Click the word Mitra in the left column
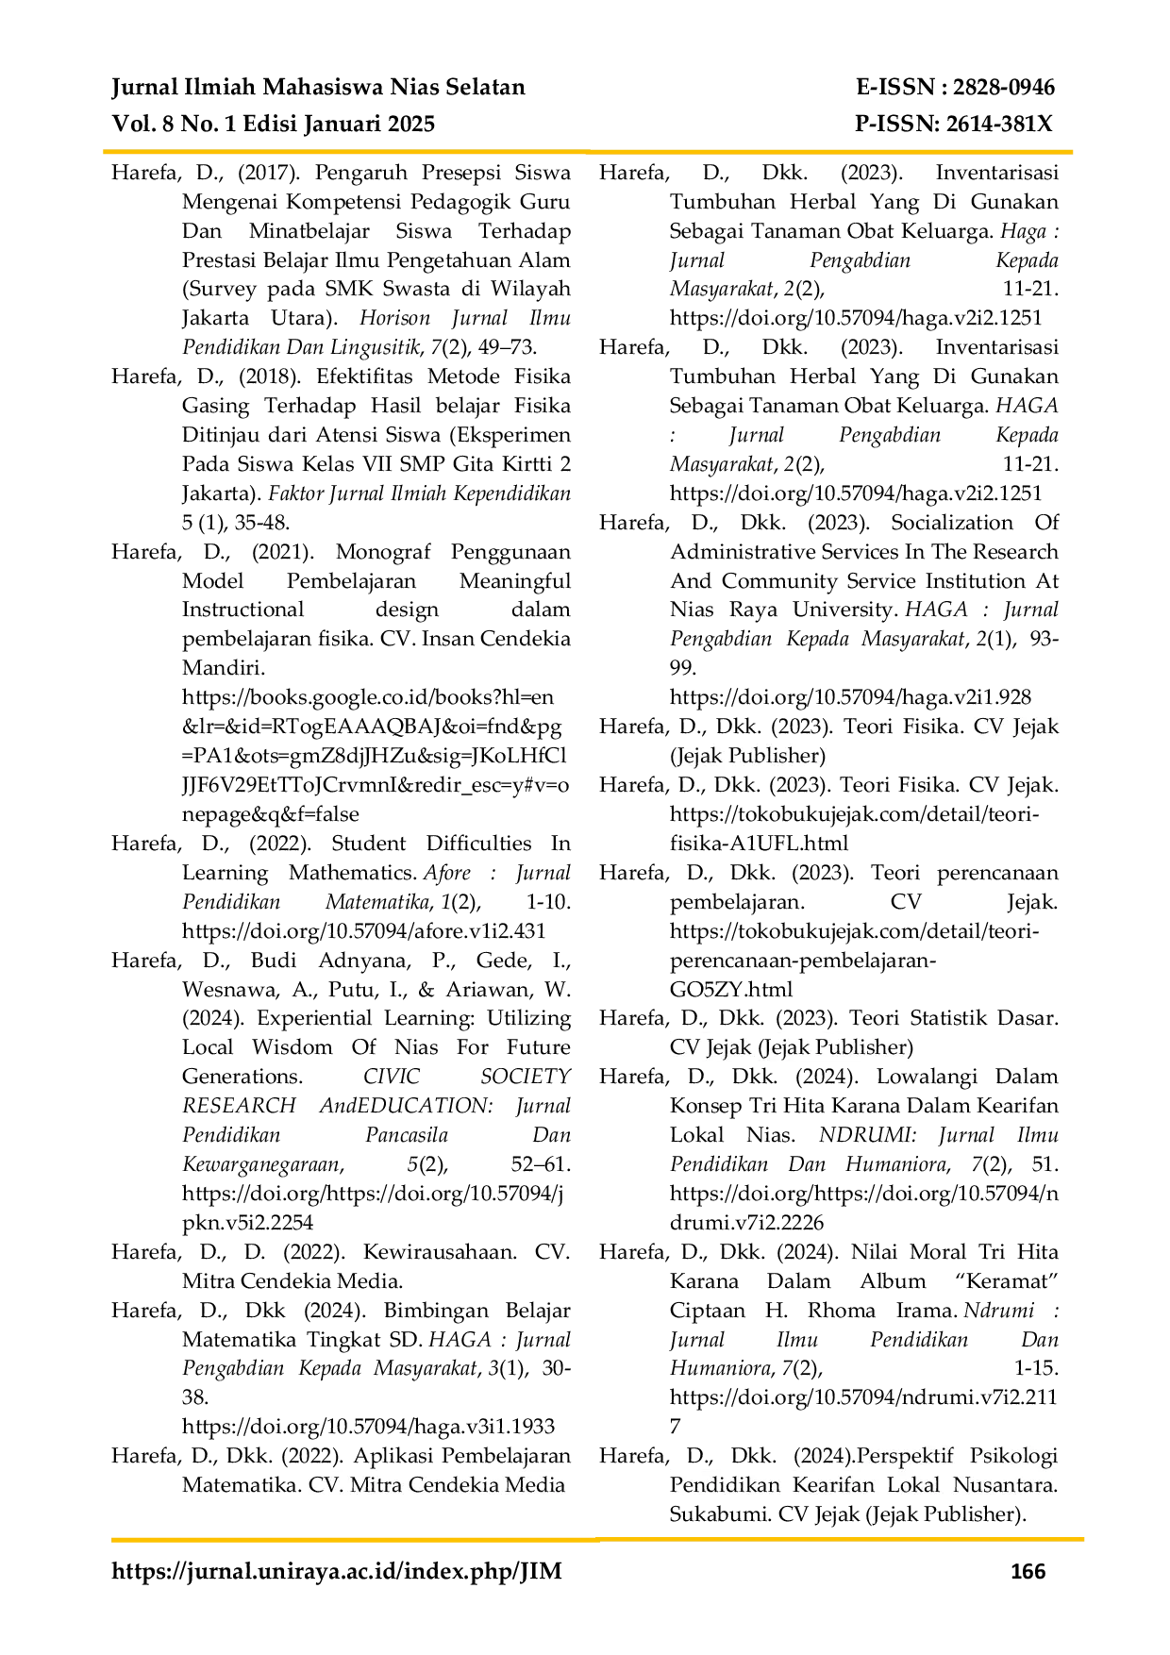tap(379, 1485)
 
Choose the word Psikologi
tap(1012, 1456)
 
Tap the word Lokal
tap(913, 1485)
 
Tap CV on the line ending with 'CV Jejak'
tap(987, 727)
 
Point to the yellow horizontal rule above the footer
tap(594, 1540)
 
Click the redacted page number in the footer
tap(1029, 1573)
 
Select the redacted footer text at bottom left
tap(335, 1571)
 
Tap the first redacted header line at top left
tap(316, 89)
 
